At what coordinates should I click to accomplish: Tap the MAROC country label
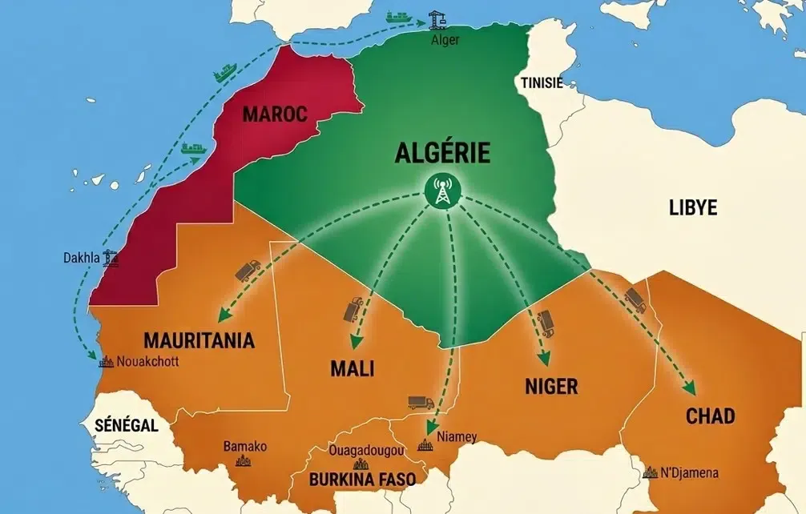click(275, 114)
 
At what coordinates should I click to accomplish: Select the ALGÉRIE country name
click(442, 154)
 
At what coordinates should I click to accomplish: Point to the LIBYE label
click(693, 208)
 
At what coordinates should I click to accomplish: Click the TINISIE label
click(542, 83)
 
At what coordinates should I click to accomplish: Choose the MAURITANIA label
click(199, 340)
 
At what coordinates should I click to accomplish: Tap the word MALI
click(353, 369)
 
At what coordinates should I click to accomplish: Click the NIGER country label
click(551, 387)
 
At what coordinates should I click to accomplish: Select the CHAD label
click(710, 416)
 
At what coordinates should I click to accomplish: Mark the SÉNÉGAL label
click(126, 424)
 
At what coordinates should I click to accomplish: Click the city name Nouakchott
click(147, 361)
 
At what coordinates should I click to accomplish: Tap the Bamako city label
click(244, 446)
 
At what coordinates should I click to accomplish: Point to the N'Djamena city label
click(689, 472)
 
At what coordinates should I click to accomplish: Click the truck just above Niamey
click(420, 402)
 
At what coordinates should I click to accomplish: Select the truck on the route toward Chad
click(635, 300)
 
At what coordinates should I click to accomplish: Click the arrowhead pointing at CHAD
click(690, 389)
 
